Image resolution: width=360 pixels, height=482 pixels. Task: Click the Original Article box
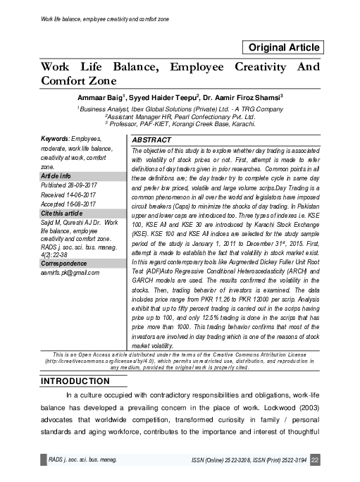[x=283, y=48]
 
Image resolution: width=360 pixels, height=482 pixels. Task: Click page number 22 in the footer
[x=315, y=460]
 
